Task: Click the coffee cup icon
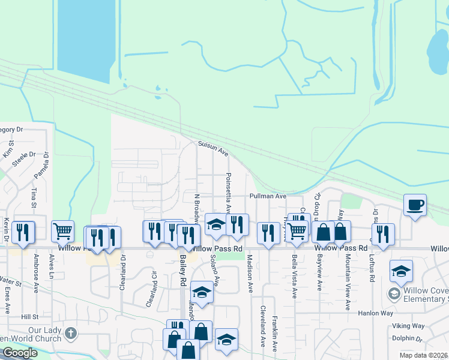click(415, 205)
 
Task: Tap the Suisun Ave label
click(214, 149)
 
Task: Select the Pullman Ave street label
click(268, 196)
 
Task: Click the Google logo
click(19, 353)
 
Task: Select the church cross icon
click(71, 332)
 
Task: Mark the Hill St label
click(30, 316)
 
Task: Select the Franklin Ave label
click(274, 333)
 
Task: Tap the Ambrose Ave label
click(36, 274)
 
